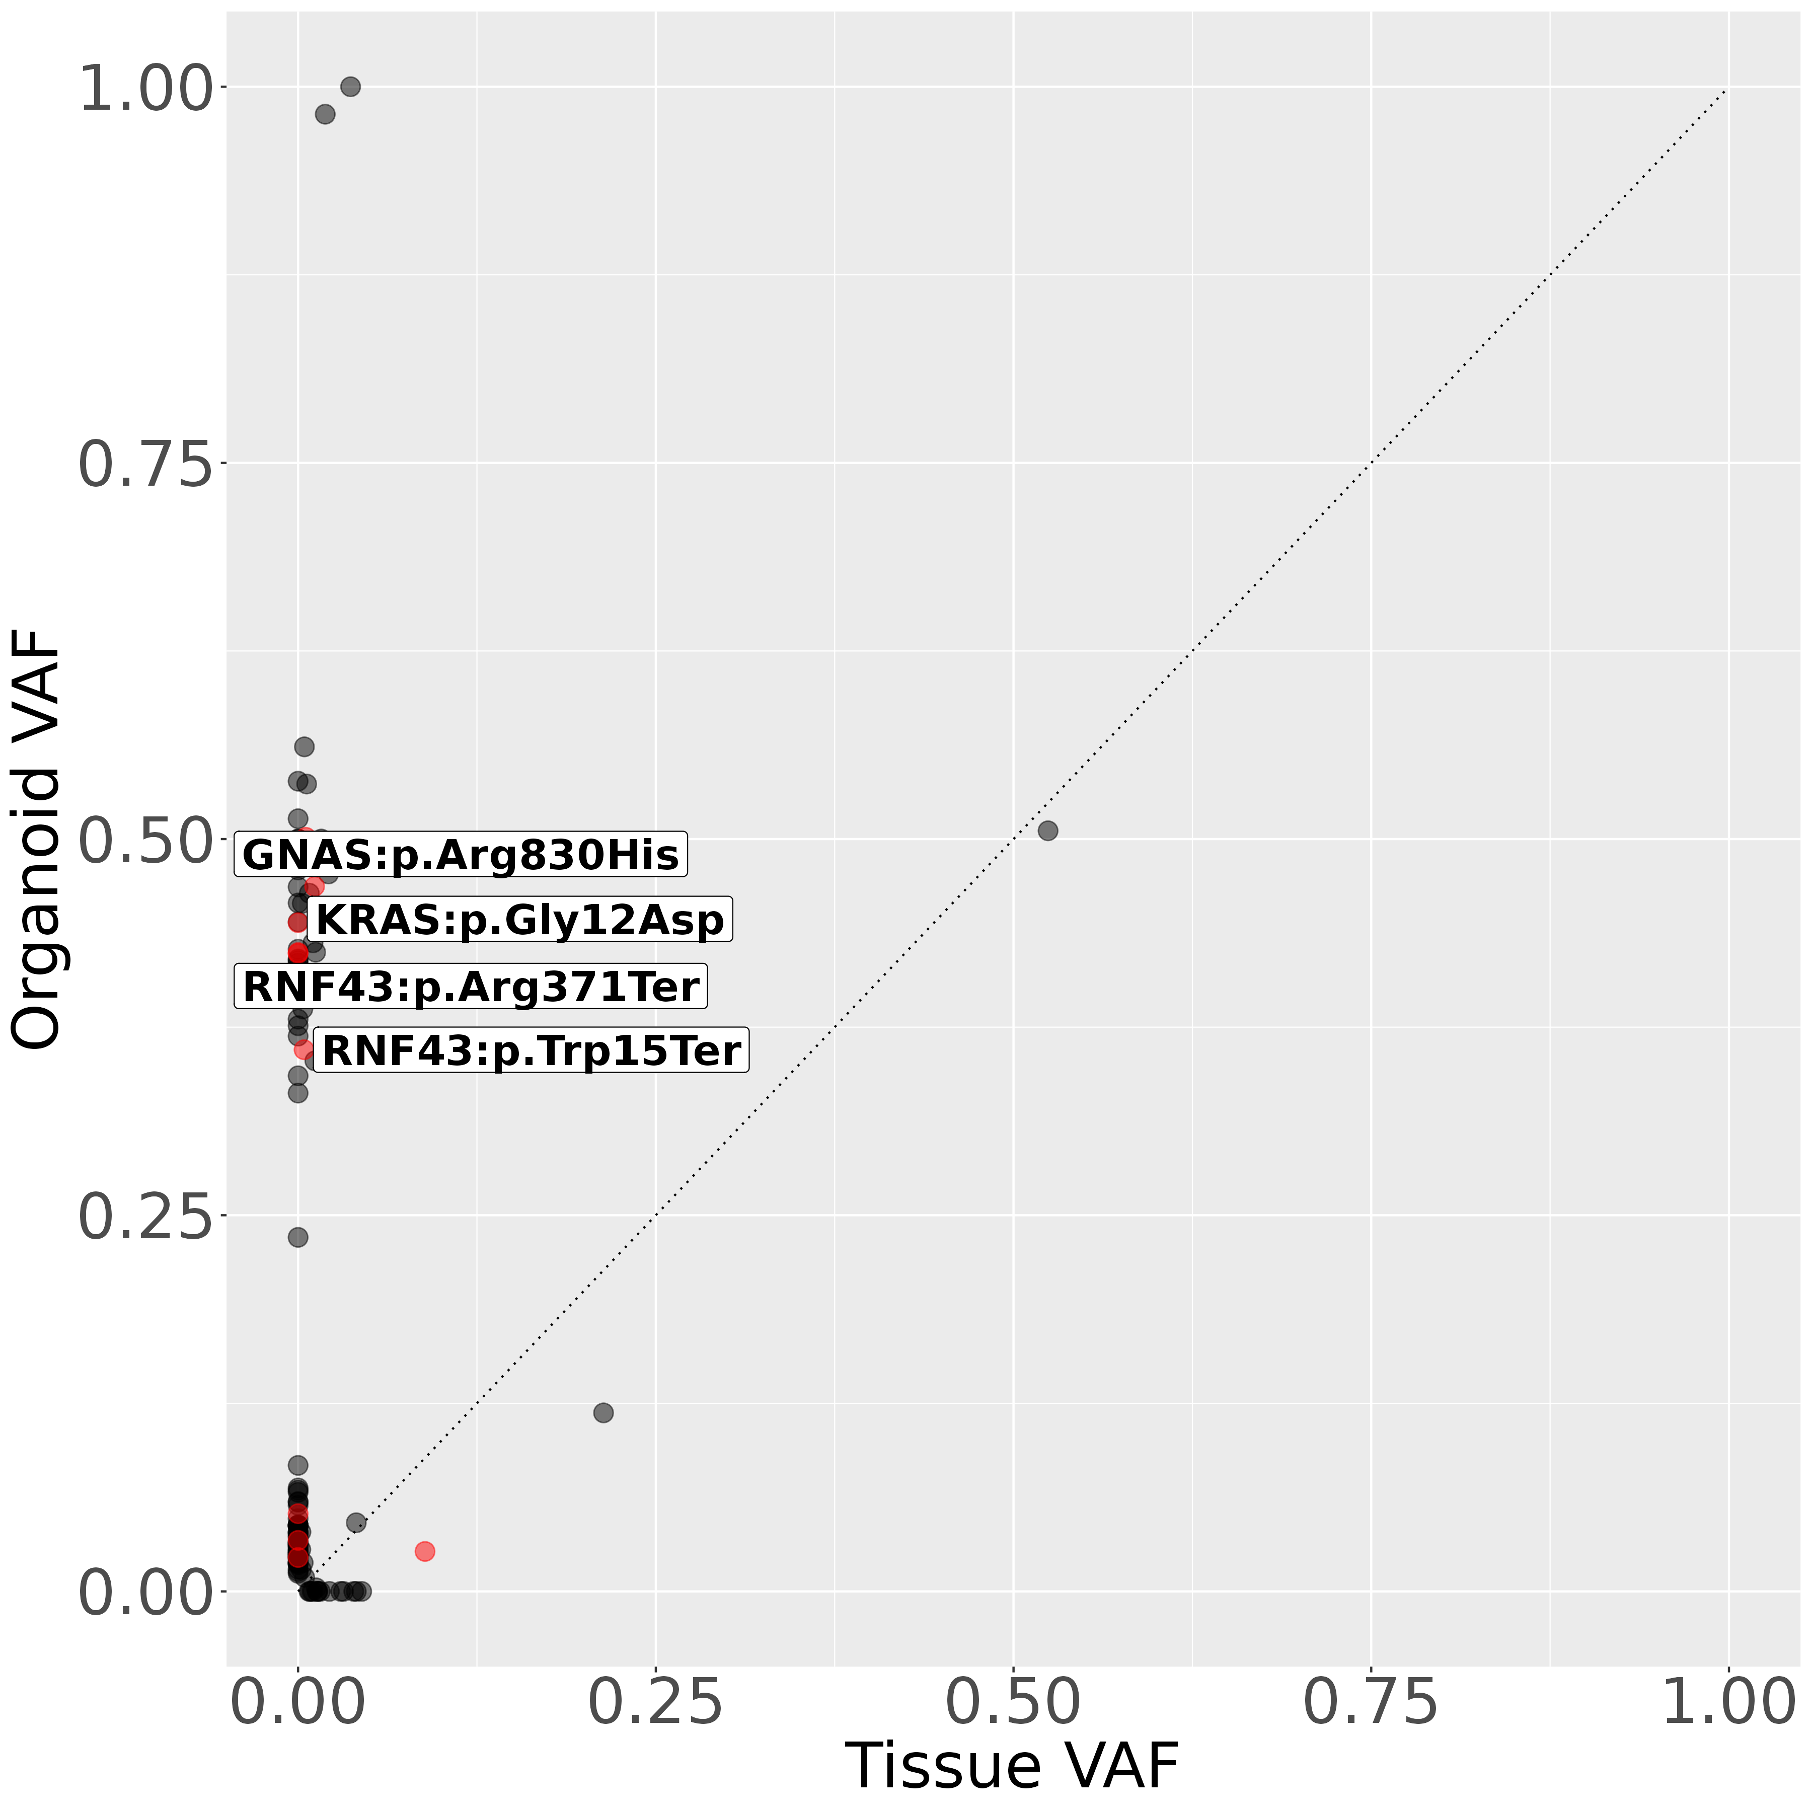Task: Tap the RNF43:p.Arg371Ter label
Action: (470, 987)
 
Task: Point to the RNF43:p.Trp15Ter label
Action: (531, 1050)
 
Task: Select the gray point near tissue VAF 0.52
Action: (1047, 830)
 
